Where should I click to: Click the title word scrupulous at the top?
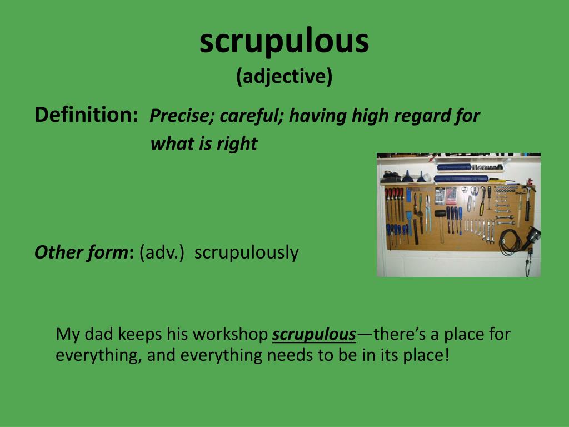284,41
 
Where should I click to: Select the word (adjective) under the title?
284,76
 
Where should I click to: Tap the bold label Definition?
86,115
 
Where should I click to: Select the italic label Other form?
81,252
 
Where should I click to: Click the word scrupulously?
246,253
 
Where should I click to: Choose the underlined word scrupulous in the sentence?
314,335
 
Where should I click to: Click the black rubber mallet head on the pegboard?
440,213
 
